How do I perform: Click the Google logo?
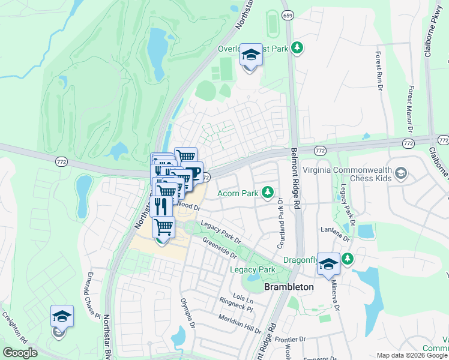pyautogui.click(x=20, y=353)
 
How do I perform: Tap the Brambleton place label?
pyautogui.click(x=289, y=287)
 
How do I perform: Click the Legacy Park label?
pyautogui.click(x=252, y=270)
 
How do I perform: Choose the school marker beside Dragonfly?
pyautogui.click(x=328, y=263)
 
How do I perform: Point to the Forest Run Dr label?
pyautogui.click(x=379, y=71)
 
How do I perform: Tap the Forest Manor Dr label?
pyautogui.click(x=411, y=109)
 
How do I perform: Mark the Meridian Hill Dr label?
pyautogui.click(x=240, y=325)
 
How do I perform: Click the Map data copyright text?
pyautogui.click(x=412, y=355)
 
